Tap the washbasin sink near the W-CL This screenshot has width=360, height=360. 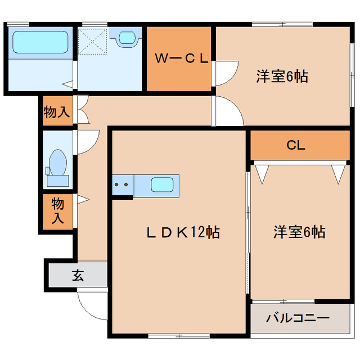[x=127, y=38]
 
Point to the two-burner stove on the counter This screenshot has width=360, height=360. [x=122, y=183]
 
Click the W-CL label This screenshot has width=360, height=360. [x=179, y=58]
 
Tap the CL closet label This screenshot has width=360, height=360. [x=296, y=146]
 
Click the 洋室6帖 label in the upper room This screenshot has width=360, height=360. [x=281, y=77]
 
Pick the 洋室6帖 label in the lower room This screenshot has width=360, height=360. [x=299, y=231]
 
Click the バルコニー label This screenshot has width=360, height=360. [x=298, y=318]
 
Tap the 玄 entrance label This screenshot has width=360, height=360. [x=77, y=276]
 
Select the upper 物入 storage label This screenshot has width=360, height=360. [x=57, y=111]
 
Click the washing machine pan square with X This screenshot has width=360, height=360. [x=93, y=39]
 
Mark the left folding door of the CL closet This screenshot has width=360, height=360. [x=262, y=173]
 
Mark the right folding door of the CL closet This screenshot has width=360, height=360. [x=338, y=173]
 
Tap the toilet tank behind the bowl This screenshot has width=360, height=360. [x=57, y=180]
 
